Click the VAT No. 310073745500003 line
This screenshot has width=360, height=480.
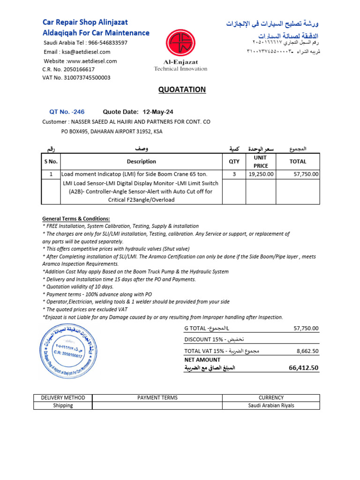coord(76,78)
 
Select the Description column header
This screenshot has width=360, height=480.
coord(141,162)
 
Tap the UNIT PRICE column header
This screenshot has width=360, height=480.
coord(261,162)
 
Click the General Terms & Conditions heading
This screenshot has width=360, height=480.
coord(76,219)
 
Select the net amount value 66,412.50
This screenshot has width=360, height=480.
coord(304,368)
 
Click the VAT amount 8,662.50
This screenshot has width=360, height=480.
coord(307,351)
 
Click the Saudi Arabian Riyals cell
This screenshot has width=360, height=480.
coord(271,405)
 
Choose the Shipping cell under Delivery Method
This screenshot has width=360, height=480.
coord(63,405)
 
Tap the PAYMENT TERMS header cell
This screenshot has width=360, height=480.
coord(157,397)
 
